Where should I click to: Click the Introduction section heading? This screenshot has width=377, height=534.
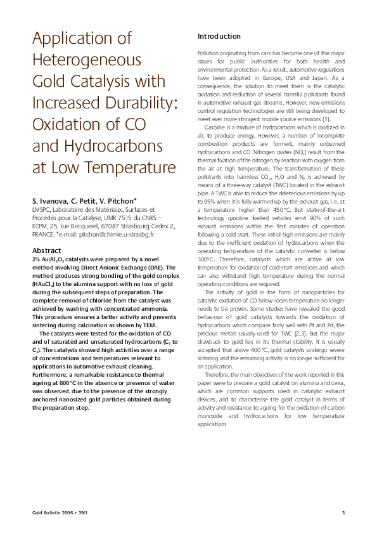point(219,37)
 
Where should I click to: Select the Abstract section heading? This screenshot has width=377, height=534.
point(46,251)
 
